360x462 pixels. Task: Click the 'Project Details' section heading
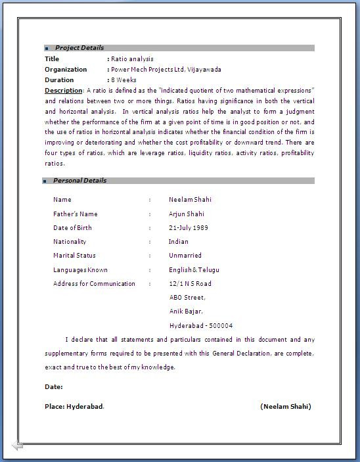[x=79, y=48]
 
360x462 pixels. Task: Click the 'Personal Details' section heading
[x=79, y=181]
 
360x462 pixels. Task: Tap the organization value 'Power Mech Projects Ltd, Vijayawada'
[x=166, y=70]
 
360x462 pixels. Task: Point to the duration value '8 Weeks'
[x=124, y=80]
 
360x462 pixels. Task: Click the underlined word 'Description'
[x=64, y=90]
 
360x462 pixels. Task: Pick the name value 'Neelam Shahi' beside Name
[x=190, y=200]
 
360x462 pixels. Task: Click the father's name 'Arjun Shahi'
[x=186, y=214]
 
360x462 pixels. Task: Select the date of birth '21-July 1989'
[x=189, y=228]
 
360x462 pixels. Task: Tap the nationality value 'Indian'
[x=178, y=242]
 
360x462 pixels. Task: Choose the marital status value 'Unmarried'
[x=185, y=256]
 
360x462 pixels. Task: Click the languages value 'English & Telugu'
[x=194, y=270]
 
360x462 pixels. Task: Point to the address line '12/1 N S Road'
[x=190, y=284]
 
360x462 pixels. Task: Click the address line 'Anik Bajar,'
[x=186, y=312]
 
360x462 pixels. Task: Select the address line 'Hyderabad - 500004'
[x=200, y=326]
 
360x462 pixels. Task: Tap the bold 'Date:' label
[x=54, y=387]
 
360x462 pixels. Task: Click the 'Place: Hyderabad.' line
[x=74, y=407]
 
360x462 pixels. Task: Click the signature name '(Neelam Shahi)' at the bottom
[x=286, y=407]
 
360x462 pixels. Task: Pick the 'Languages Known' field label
[x=80, y=270]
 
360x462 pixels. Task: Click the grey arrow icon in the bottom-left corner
[x=18, y=446]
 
